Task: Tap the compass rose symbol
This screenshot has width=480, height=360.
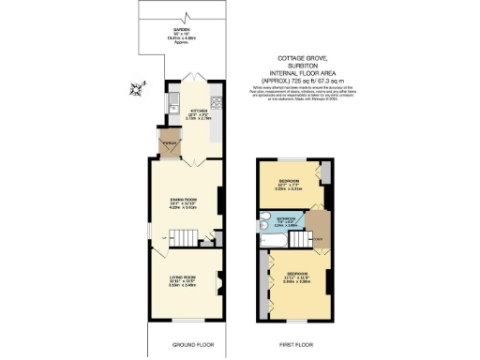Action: coord(139,89)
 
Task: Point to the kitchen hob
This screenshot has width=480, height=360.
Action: coord(216,102)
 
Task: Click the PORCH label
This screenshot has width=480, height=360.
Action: coord(169,142)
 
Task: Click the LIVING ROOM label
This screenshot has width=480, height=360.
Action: coord(182,278)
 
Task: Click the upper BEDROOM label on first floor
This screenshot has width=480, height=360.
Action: coord(288,180)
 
